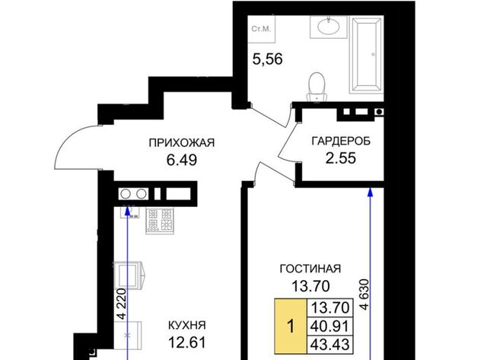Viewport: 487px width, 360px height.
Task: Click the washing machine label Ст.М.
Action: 261,29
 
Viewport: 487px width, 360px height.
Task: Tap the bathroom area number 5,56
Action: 267,59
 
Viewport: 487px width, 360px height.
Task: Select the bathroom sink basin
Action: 328,26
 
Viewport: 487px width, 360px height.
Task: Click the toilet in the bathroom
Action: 317,87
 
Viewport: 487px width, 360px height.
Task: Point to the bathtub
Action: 366,55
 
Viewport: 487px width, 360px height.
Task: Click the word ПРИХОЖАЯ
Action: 182,143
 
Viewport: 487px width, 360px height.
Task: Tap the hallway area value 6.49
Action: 182,161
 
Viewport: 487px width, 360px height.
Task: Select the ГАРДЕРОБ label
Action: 341,142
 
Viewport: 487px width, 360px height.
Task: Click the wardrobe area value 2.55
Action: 341,158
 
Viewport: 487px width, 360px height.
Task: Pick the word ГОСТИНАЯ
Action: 310,269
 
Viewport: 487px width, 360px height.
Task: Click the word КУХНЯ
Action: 187,326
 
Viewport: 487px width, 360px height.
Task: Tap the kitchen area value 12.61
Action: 187,342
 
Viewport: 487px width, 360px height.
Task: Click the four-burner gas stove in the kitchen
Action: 160,221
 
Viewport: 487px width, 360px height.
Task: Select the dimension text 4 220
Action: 122,304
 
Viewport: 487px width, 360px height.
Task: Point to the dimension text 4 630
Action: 364,294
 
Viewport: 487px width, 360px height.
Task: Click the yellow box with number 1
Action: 291,327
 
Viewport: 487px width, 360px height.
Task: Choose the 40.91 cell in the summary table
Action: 330,327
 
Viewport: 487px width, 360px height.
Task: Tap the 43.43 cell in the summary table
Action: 330,345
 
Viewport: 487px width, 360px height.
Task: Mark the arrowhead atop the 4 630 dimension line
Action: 370,192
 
